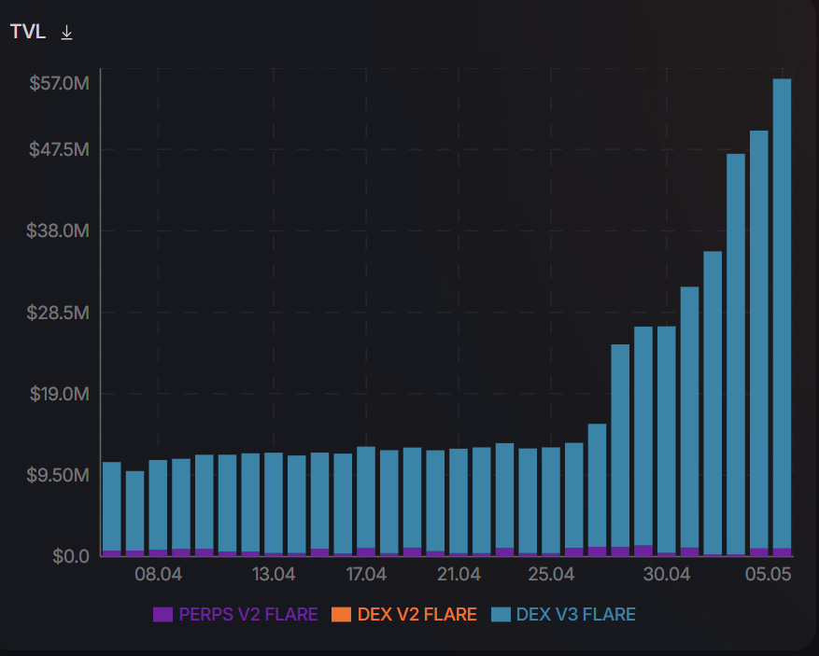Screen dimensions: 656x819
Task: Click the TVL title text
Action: point(29,32)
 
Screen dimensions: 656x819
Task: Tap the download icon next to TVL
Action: point(66,32)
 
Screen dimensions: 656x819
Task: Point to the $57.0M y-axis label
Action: point(59,84)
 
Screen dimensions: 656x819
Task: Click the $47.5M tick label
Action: point(59,149)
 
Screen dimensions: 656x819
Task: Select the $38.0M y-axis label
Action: point(59,230)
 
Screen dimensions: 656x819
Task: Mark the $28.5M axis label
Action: point(59,312)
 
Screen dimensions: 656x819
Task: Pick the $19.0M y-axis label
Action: point(59,393)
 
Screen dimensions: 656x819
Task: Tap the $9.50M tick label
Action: point(59,474)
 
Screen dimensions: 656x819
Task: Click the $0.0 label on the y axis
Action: point(71,556)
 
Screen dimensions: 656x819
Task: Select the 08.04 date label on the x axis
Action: point(158,574)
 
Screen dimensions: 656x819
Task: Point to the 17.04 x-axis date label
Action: point(365,574)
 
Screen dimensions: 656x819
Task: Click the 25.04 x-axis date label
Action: point(551,574)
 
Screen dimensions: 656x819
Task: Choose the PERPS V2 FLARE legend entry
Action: point(235,615)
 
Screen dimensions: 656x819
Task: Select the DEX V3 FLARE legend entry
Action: point(563,615)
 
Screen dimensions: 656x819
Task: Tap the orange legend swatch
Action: point(341,615)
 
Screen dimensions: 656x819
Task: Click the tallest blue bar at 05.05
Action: point(782,308)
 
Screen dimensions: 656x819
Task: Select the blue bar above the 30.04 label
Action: point(666,439)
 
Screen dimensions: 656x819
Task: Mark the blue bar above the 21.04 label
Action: point(459,500)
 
